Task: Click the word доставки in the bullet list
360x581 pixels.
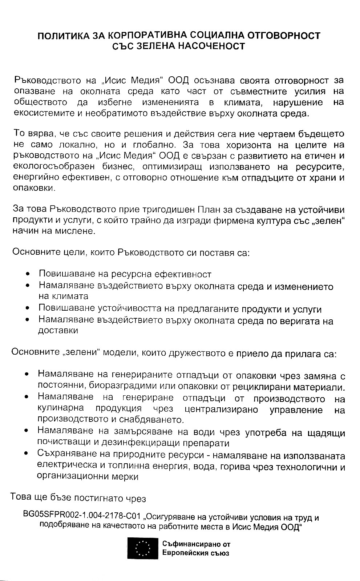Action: pyautogui.click(x=58, y=331)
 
